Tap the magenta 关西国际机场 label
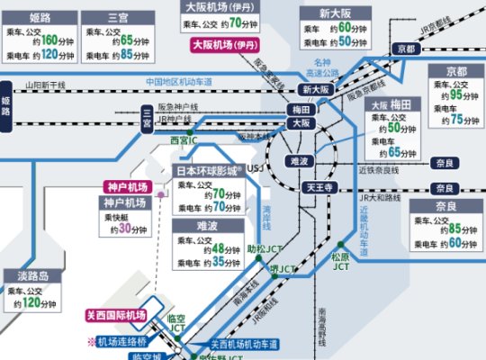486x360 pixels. pos(115,315)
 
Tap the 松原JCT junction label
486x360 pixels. pos(341,262)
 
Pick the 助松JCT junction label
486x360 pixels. pos(261,247)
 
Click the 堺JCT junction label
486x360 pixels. pos(283,269)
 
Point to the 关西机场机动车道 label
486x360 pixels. pos(245,344)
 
